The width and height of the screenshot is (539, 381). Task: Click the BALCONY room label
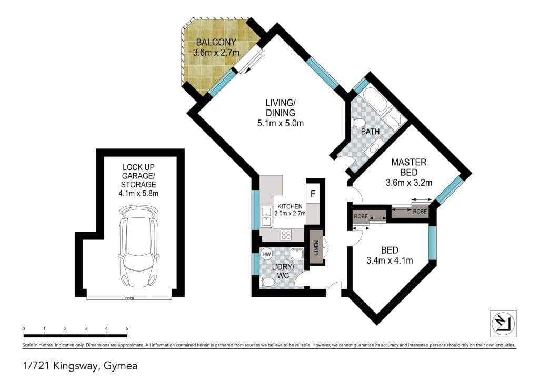click(216, 42)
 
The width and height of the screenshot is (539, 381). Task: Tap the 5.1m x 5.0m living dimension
click(281, 123)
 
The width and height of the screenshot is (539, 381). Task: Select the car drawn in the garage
click(138, 247)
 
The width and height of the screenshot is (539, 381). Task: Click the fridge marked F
click(313, 194)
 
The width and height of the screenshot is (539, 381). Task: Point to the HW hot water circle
click(266, 255)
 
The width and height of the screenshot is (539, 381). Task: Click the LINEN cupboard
click(316, 247)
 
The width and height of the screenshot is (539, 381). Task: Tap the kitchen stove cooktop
click(286, 235)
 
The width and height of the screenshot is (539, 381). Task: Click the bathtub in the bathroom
click(375, 101)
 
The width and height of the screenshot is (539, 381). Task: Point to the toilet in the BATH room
click(358, 123)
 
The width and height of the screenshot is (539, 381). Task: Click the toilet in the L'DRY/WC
click(267, 283)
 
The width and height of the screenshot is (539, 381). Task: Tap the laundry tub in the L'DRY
click(296, 254)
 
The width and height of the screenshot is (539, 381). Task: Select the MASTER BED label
click(408, 167)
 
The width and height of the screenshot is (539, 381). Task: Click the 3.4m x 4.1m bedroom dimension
click(390, 261)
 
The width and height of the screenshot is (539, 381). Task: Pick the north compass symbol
click(503, 324)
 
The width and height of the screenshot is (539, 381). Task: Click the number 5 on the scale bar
click(127, 329)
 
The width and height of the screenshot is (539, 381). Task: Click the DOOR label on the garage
click(129, 298)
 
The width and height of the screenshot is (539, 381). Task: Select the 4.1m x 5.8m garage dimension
click(138, 194)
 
